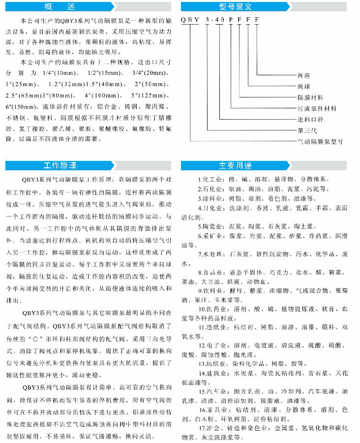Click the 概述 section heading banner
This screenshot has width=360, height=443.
[x=89, y=7]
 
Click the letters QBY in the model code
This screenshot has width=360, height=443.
[x=191, y=19]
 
